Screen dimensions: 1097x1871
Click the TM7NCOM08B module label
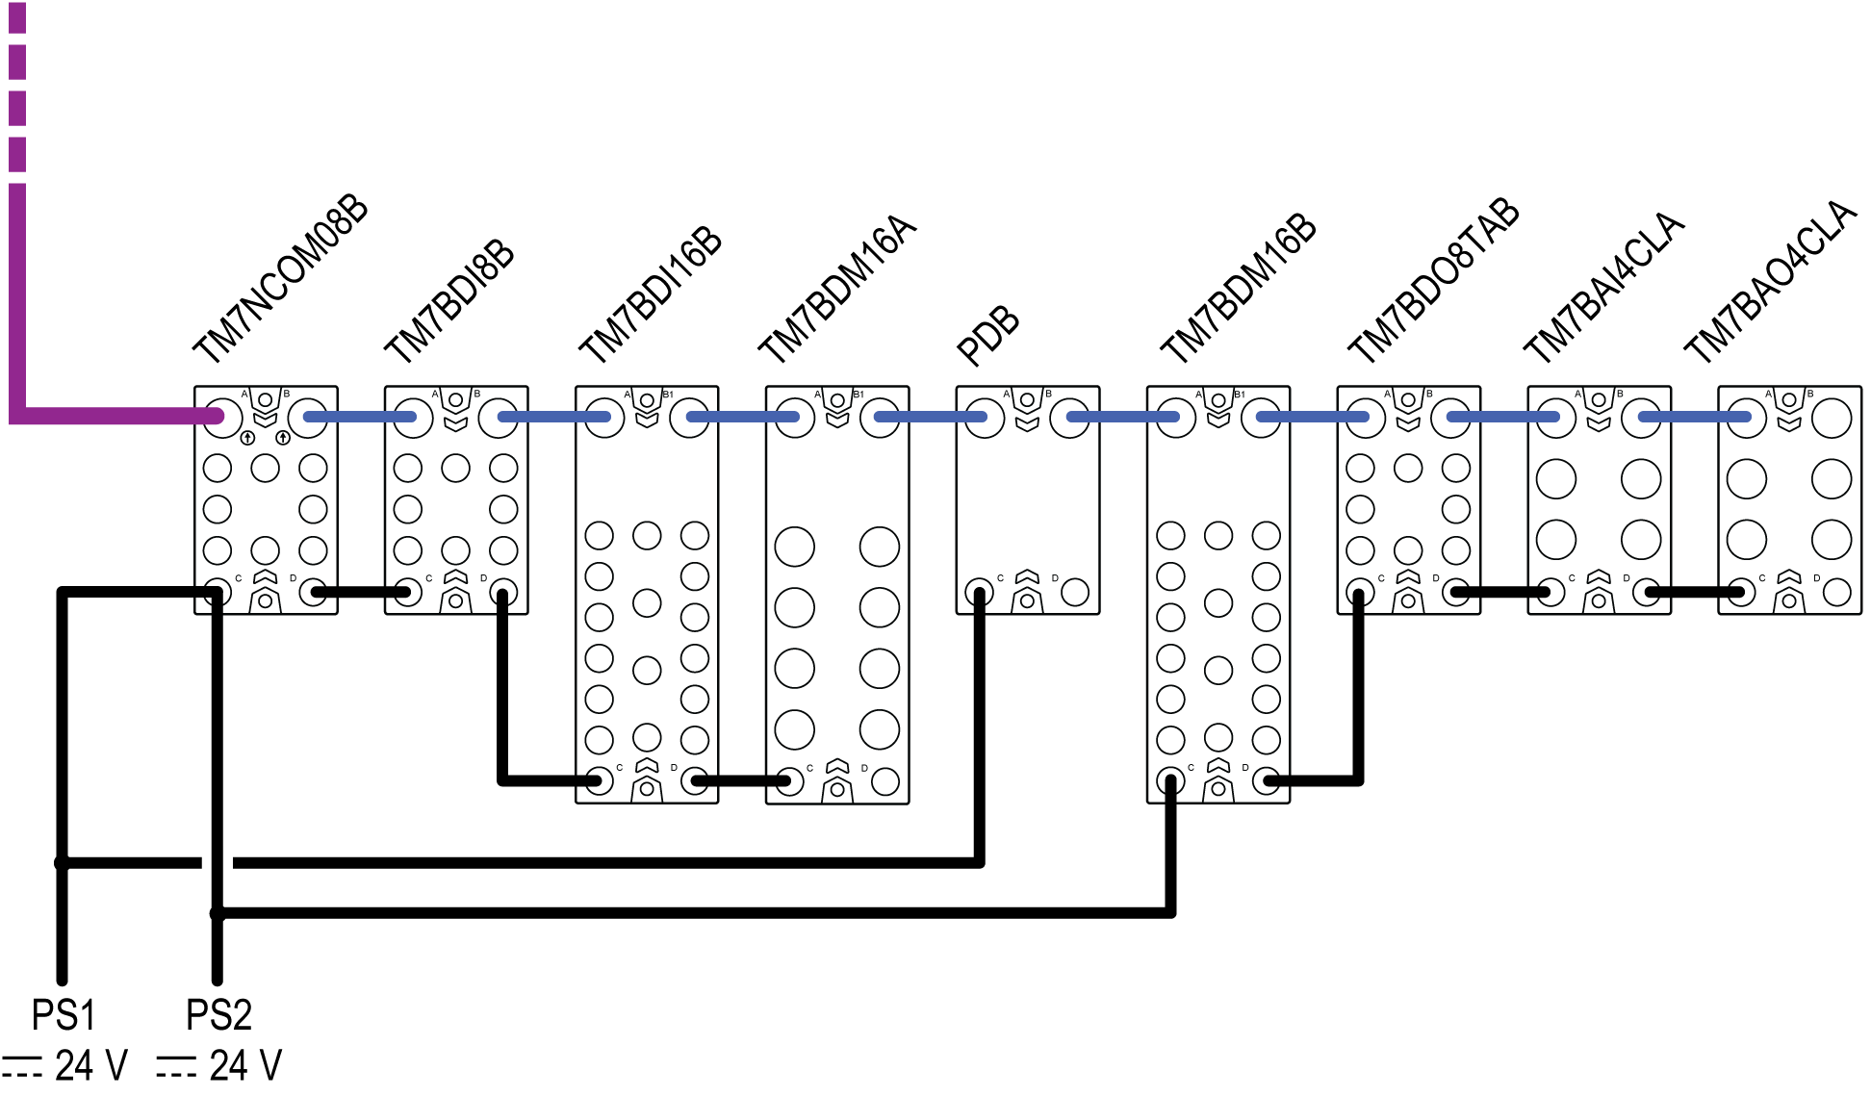[x=280, y=279]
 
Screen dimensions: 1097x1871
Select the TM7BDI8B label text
[x=449, y=300]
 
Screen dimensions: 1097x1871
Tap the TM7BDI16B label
[x=651, y=294]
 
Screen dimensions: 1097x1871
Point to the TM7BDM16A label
[x=837, y=289]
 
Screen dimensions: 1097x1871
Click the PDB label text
[x=987, y=336]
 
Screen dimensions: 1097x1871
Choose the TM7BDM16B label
[x=1238, y=288]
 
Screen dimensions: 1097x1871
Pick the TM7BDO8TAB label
[x=1432, y=280]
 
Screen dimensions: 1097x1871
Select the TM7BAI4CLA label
[x=1604, y=287]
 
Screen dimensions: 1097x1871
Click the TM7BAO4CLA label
[x=1770, y=281]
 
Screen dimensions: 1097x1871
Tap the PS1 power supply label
[x=64, y=1015]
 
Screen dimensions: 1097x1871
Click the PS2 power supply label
[x=218, y=1015]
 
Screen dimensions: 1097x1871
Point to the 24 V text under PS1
[x=90, y=1066]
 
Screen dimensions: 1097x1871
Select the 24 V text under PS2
[x=245, y=1066]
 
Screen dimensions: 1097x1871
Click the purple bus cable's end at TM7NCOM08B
[x=218, y=417]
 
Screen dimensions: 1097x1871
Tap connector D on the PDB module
[x=1075, y=592]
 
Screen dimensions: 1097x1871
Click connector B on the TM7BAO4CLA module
[x=1832, y=419]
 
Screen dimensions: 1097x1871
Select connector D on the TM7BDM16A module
[x=884, y=781]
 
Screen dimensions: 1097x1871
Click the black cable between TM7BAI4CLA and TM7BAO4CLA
[x=1694, y=592]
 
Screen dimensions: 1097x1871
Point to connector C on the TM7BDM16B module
[x=1170, y=781]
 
